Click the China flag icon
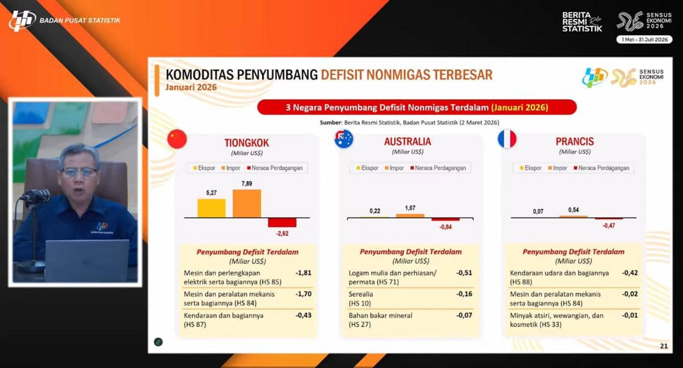point(177,139)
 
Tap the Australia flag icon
point(344,139)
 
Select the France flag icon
point(507,139)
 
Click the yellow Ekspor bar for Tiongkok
point(211,208)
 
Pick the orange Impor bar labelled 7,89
point(246,204)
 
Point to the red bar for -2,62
point(282,222)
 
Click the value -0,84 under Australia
point(446,227)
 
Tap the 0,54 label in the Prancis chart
point(573,210)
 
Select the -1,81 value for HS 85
point(303,272)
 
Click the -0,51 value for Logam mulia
point(464,272)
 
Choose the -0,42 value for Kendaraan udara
point(629,272)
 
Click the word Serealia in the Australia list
point(361,294)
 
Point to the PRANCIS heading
point(575,142)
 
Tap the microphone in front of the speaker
point(36,196)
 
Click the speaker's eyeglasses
point(79,173)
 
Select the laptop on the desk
point(87,261)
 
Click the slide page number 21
point(664,346)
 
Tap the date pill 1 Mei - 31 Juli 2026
point(644,40)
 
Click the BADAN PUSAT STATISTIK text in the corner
point(80,20)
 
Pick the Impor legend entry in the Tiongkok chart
point(231,168)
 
